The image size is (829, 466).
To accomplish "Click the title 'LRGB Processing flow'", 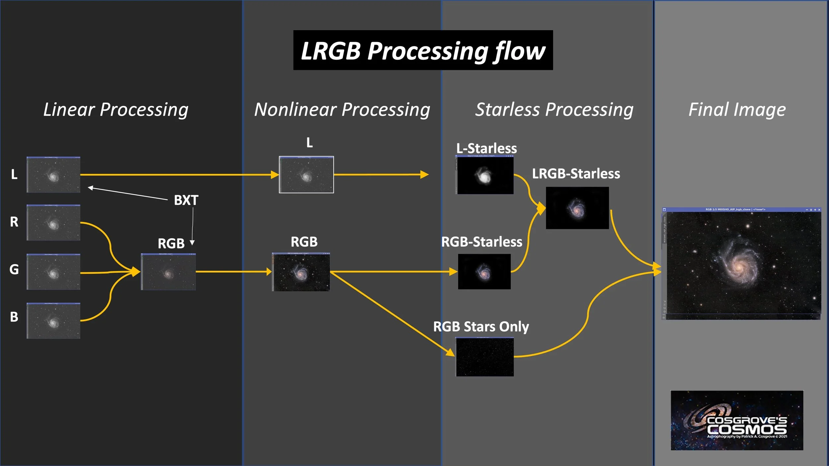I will (423, 50).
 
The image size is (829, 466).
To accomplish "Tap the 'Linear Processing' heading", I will (116, 109).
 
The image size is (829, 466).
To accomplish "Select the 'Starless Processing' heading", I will (554, 109).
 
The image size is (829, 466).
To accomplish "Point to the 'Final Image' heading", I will (737, 109).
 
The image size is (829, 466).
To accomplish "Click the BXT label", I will (186, 200).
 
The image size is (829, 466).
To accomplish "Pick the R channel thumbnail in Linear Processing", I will (53, 222).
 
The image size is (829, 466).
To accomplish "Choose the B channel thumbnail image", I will (53, 320).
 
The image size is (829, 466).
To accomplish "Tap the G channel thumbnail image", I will (53, 272).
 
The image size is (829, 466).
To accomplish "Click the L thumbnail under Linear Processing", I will (53, 175).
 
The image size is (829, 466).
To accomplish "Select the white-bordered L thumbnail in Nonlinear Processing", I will (306, 175).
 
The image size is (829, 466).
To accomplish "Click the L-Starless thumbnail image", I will (485, 175).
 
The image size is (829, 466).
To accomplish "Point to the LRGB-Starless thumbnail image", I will (577, 208).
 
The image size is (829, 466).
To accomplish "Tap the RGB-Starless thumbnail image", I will (484, 272).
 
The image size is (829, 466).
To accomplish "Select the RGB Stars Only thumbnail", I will (485, 357).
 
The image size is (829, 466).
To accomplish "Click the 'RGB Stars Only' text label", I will (481, 327).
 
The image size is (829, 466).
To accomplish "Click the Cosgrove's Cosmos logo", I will (737, 420).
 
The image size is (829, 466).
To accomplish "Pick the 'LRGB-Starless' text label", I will (576, 174).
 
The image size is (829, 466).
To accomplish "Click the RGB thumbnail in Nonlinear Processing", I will (301, 272).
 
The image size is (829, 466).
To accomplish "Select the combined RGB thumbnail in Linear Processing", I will (168, 272).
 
